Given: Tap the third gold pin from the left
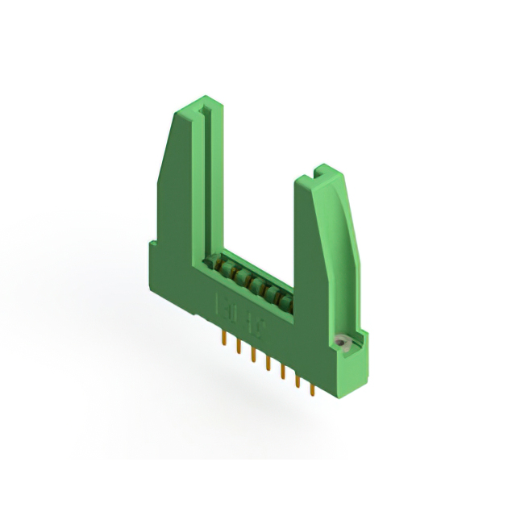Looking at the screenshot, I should pos(253,355).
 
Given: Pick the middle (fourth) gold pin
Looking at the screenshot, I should pos(268,364).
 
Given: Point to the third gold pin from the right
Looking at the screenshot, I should pos(282,372).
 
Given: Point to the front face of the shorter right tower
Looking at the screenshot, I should pos(310,258).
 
